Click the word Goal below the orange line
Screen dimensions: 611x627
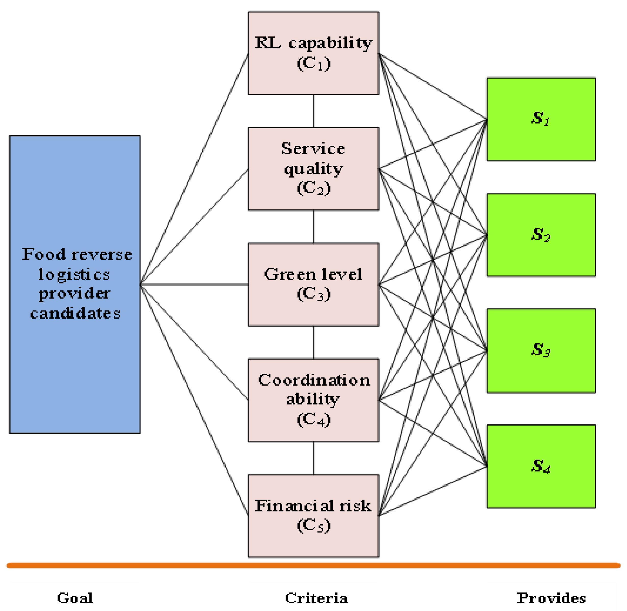pyautogui.click(x=75, y=598)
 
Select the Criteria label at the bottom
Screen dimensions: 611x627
pyautogui.click(x=316, y=598)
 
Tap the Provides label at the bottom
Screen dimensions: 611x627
pyautogui.click(x=551, y=598)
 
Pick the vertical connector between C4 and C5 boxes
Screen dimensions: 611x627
pyautogui.click(x=313, y=458)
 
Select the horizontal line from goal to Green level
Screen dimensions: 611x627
pyautogui.click(x=194, y=284)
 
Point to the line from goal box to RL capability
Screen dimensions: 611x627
pyautogui.click(x=194, y=169)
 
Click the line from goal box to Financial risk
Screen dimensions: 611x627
pyautogui.click(x=194, y=399)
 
